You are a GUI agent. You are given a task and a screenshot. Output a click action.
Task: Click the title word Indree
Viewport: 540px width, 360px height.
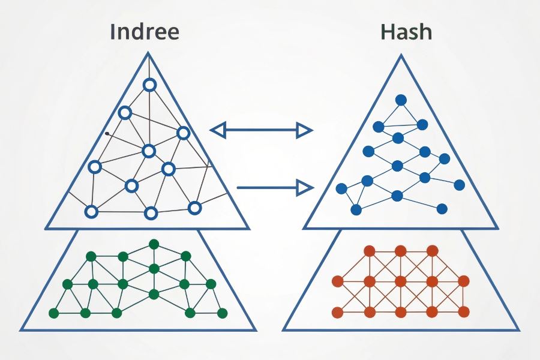144,32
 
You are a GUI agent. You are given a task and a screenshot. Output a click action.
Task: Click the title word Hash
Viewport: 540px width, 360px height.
406,32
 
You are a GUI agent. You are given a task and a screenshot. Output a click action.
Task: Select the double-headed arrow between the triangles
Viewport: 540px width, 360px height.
262,130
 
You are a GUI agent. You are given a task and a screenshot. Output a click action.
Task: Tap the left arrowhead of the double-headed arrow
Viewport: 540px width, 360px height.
217,130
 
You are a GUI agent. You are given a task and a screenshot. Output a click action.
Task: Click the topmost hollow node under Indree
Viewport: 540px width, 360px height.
149,85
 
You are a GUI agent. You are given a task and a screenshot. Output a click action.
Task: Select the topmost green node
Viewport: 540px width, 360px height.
154,244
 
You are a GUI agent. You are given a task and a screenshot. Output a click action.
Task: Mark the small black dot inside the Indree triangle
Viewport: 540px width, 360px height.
107,133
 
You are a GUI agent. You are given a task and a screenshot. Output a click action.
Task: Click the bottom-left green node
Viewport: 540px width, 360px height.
53,313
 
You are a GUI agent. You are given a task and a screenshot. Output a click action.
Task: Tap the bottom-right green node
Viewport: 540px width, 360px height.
223,313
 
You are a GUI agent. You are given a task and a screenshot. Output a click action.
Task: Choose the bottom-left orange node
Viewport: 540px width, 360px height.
337,312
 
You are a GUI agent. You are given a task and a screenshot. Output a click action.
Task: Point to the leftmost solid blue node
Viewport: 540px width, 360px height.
341,188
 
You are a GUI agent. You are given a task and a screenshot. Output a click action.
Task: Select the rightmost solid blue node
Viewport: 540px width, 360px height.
459,184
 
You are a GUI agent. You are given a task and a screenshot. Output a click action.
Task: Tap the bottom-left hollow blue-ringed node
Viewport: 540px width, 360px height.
91,212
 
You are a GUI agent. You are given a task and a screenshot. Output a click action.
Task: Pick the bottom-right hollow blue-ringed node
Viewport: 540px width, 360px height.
194,208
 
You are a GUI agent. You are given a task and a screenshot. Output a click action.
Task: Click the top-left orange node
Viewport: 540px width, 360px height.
370,250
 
